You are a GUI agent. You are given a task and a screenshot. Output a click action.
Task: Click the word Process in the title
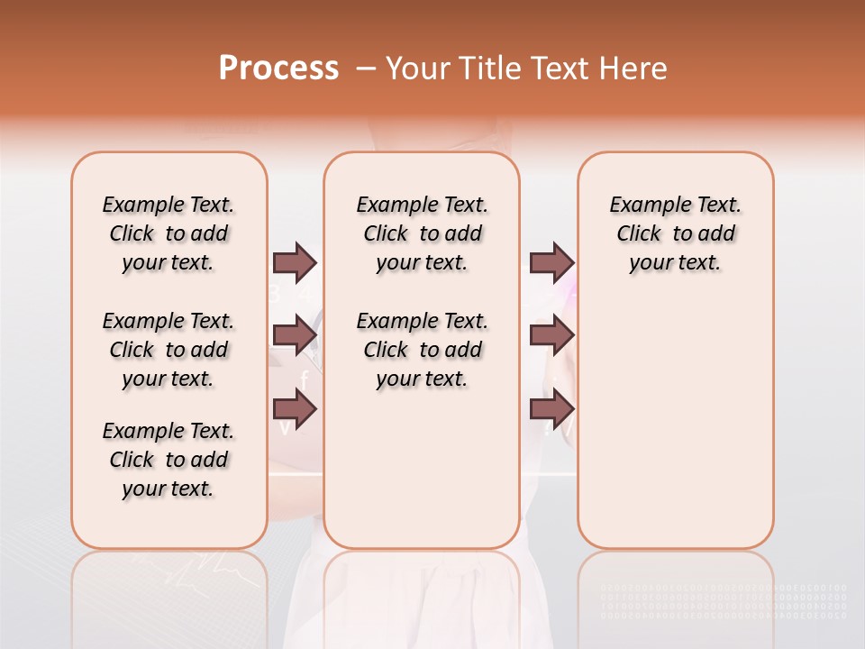coord(278,69)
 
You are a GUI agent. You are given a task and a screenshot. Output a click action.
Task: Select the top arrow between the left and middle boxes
coord(295,263)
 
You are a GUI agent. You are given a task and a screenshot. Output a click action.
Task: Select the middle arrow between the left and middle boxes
coord(295,335)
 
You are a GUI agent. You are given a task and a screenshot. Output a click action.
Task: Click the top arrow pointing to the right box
coord(551,263)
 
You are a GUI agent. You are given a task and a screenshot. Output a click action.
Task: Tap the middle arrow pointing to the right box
coord(551,335)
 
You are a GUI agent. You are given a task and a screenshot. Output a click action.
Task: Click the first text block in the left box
coord(168,233)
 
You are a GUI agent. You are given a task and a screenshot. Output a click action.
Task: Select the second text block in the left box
coord(168,350)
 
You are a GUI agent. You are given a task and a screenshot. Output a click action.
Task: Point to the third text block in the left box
coord(168,460)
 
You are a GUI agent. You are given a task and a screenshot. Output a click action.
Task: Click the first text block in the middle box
coord(422,233)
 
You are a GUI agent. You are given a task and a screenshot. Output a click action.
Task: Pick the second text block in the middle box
coord(422,350)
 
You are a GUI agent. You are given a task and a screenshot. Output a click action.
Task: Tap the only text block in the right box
coord(675,233)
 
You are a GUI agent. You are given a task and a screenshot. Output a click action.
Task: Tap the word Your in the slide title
coord(418,69)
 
